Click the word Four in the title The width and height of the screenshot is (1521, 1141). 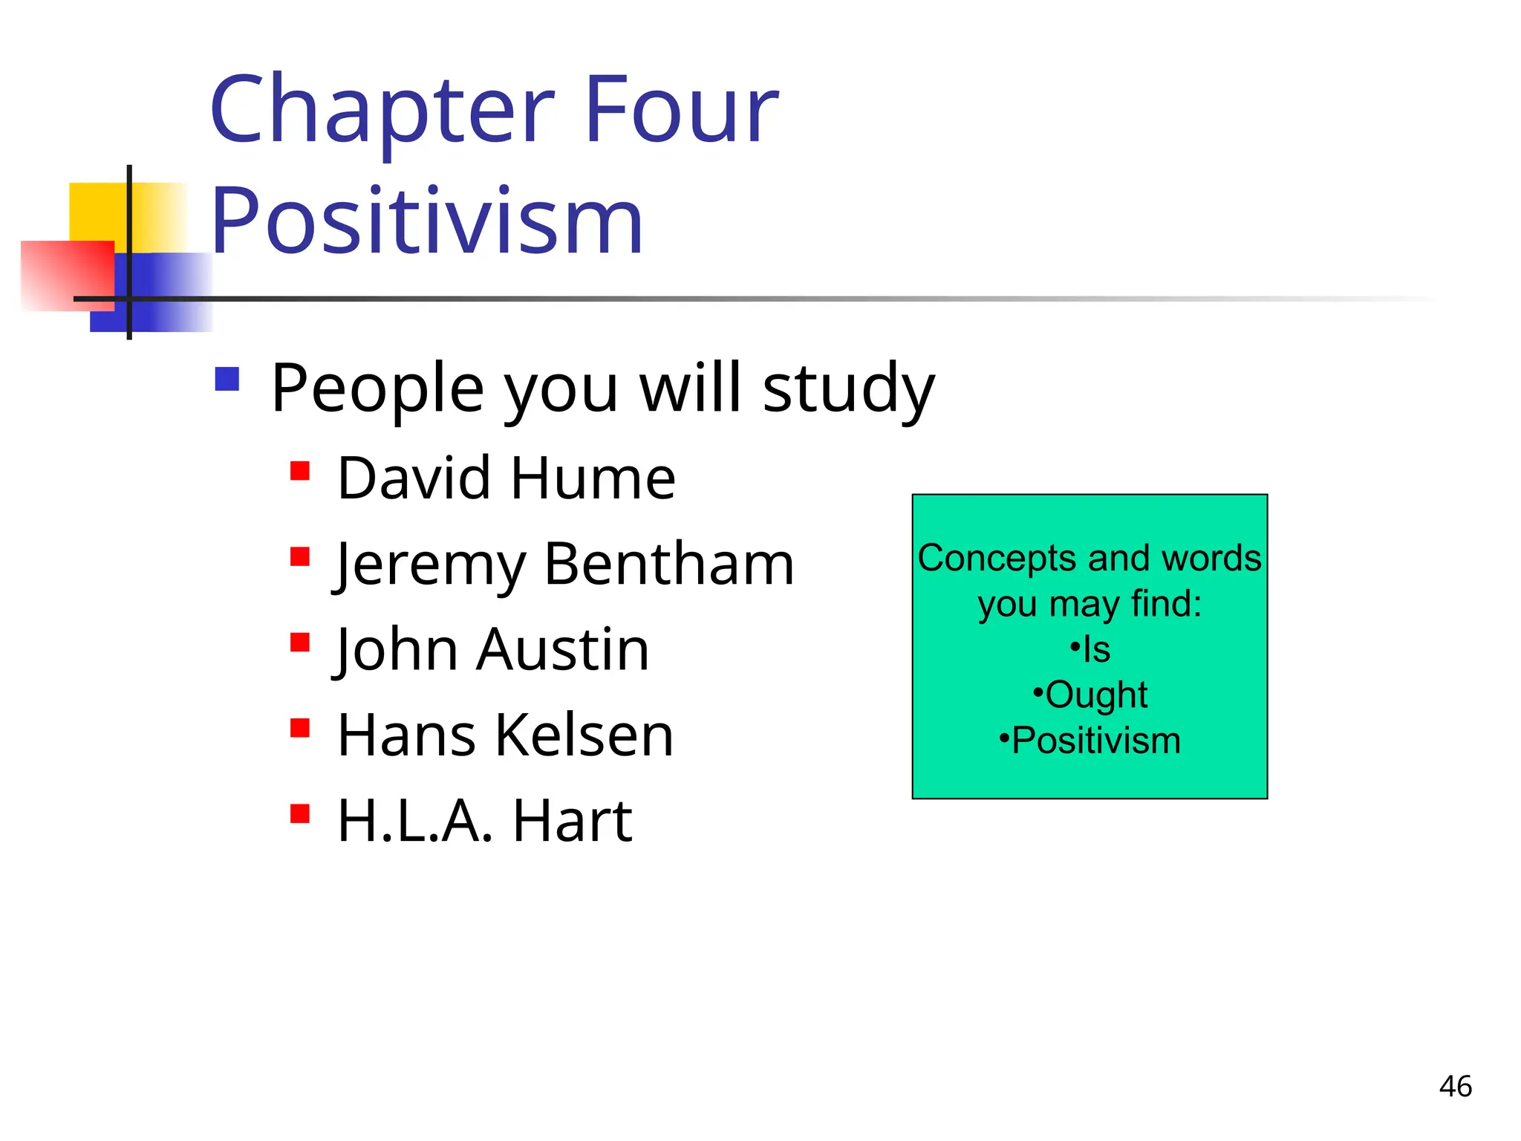(682, 110)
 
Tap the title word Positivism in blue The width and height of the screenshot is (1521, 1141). (427, 221)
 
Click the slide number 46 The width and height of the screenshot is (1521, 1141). (1455, 1087)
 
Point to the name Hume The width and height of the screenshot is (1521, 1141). (593, 478)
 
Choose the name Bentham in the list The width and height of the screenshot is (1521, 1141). (669, 565)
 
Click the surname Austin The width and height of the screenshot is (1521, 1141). (563, 650)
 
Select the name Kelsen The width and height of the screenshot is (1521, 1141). (584, 735)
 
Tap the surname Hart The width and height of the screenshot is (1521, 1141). (572, 822)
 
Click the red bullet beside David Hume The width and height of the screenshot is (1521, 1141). (300, 471)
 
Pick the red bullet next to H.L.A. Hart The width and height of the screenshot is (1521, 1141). (300, 814)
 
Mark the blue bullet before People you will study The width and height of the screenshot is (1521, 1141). (227, 379)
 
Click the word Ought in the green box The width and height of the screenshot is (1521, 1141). (1096, 695)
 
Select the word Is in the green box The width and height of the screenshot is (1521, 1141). (1096, 650)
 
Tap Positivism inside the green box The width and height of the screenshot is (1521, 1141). (1096, 741)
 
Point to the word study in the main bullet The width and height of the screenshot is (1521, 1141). (848, 389)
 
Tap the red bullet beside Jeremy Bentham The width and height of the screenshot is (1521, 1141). (300, 556)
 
